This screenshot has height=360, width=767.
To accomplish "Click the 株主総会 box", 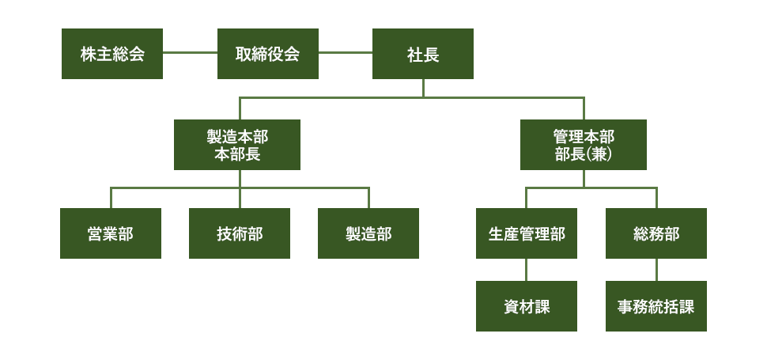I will click(112, 54).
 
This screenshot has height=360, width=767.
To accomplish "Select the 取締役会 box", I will click(268, 54).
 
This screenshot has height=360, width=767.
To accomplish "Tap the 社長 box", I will click(423, 54).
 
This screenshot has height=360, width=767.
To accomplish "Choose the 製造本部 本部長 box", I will click(237, 145).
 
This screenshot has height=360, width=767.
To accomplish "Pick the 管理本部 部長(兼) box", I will click(584, 145).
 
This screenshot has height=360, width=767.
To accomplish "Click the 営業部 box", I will click(111, 233).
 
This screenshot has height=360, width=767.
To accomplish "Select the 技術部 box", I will click(240, 233).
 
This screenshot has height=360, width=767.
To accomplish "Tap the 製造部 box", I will click(368, 233).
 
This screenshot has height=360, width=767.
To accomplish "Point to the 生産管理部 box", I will click(527, 233).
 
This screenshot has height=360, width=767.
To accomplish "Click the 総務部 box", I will click(656, 233).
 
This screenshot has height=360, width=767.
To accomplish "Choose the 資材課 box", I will click(527, 306).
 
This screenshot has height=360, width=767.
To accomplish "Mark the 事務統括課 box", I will click(656, 306).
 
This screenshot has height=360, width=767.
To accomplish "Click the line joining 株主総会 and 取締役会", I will click(190, 54).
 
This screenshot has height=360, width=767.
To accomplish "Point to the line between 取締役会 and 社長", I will click(346, 54).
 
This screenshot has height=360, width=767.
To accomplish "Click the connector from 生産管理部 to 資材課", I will click(527, 270).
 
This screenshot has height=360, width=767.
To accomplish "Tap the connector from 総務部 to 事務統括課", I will click(656, 270).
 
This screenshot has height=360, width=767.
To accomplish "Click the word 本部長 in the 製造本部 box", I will click(237, 154).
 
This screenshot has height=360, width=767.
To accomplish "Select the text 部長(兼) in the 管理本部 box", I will click(584, 154).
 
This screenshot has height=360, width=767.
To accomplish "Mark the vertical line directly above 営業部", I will click(111, 198).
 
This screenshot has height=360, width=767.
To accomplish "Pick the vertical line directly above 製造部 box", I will click(368, 198).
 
